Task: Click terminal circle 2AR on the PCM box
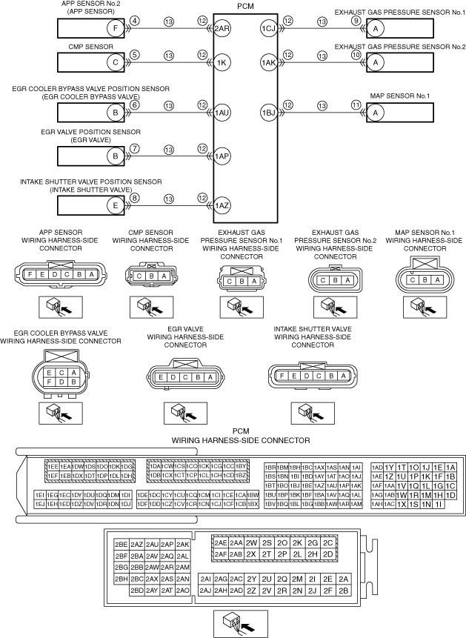pos(222,28)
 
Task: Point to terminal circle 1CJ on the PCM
pos(268,28)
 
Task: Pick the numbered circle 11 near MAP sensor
pos(356,104)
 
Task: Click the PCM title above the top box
pos(245,5)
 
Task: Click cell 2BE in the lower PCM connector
pos(122,544)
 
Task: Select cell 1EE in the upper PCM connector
pos(53,466)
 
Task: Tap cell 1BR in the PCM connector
pos(270,468)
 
